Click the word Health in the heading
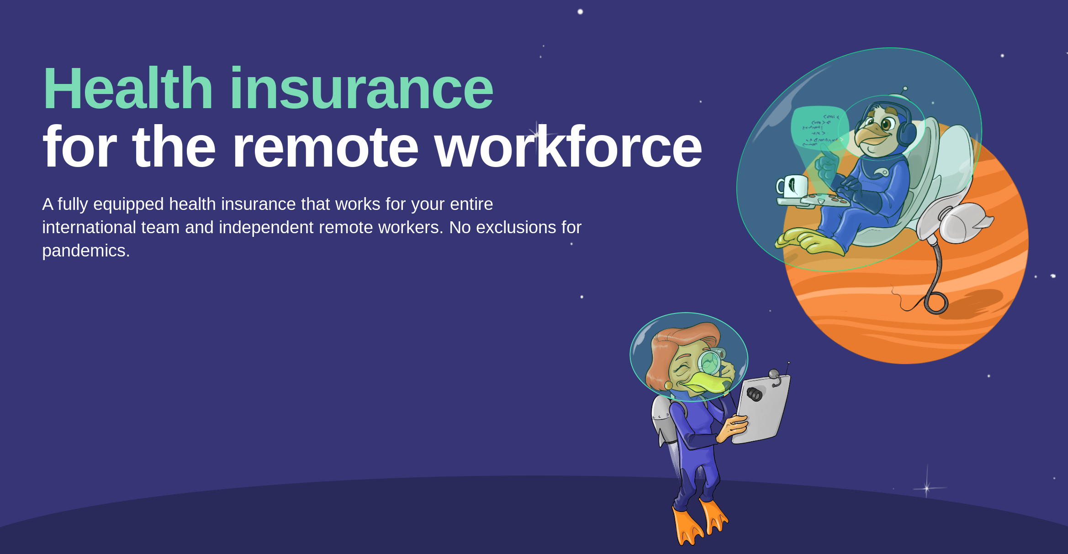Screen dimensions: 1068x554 (x=128, y=88)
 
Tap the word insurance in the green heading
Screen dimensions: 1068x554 (x=361, y=88)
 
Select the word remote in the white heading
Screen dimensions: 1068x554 (x=325, y=146)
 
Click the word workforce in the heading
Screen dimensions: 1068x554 (x=568, y=146)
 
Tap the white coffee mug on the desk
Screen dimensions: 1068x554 (x=791, y=186)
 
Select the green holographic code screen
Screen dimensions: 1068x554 (x=820, y=128)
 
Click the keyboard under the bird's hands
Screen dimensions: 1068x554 (x=825, y=200)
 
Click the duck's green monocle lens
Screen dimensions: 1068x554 (x=709, y=363)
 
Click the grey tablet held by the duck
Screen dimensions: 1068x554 (x=761, y=408)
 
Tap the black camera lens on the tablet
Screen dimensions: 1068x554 (x=754, y=393)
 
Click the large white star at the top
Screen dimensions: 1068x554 (x=580, y=11)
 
